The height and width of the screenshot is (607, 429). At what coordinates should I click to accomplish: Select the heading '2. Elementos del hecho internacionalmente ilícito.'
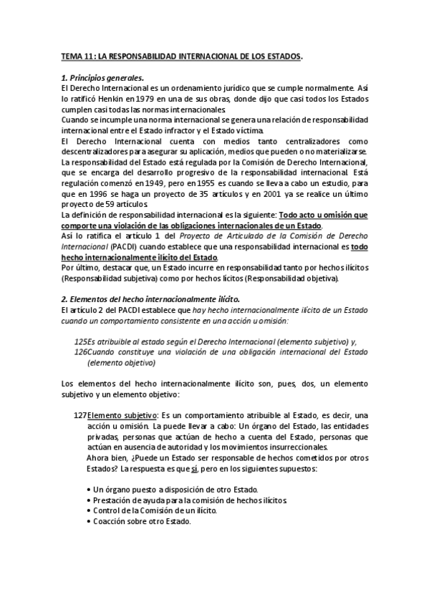(141, 298)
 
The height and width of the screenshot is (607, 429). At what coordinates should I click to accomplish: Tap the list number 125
(80, 341)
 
